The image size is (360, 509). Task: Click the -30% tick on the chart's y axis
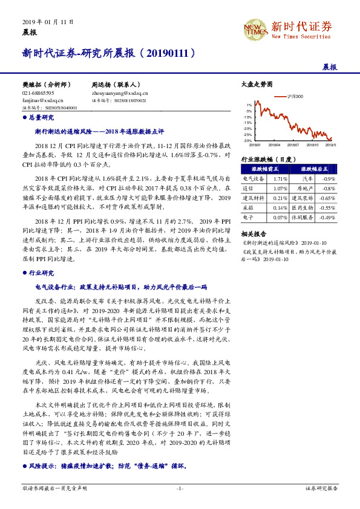pyautogui.click(x=247, y=140)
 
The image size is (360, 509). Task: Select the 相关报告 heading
pyautogui.click(x=251, y=233)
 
